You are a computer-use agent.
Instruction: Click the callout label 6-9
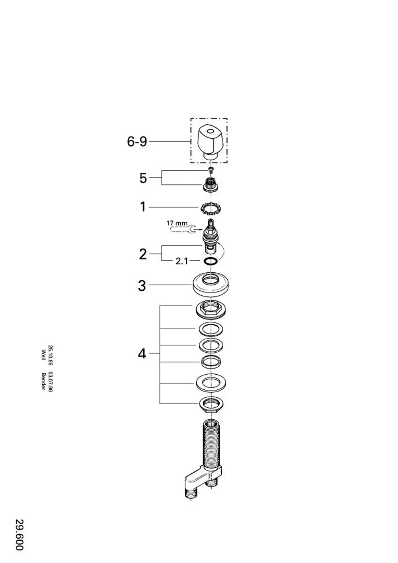pos(137,141)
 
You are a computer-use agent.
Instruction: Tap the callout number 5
pos(143,178)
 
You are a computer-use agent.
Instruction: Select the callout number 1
pos(143,207)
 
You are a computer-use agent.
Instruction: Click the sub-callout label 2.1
pos(181,261)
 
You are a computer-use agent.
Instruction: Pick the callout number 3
pos(142,286)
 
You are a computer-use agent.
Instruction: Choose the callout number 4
pos(142,354)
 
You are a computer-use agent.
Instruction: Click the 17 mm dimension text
pos(177,223)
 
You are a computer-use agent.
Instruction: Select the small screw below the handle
pos(211,170)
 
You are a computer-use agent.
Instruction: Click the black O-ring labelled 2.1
pos(211,261)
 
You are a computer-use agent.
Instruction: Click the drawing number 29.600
pos(20,537)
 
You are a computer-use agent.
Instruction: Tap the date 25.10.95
pos(50,355)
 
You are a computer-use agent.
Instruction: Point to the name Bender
pos(43,381)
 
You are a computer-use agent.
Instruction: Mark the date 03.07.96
pos(50,381)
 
